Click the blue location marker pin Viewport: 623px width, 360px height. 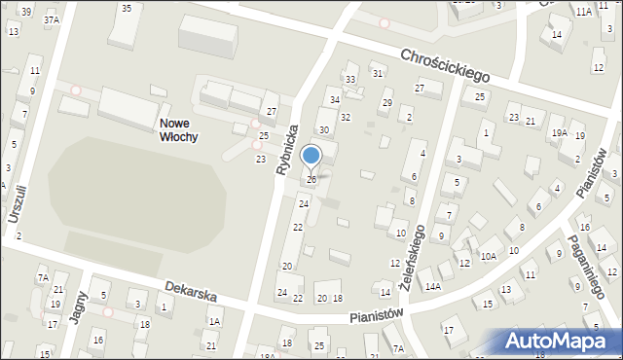[x=311, y=156]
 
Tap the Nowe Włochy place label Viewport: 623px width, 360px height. [x=178, y=130]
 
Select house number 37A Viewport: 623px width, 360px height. [x=51, y=18]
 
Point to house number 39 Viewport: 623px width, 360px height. [x=25, y=12]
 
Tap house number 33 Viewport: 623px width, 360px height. [x=350, y=79]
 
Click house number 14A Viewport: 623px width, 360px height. [x=431, y=286]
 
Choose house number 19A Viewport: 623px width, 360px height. [x=559, y=132]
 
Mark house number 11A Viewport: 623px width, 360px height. [x=582, y=12]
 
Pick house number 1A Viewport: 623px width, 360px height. [x=214, y=321]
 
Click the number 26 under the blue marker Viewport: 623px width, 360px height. [x=311, y=179]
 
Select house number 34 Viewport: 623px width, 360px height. [x=334, y=99]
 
